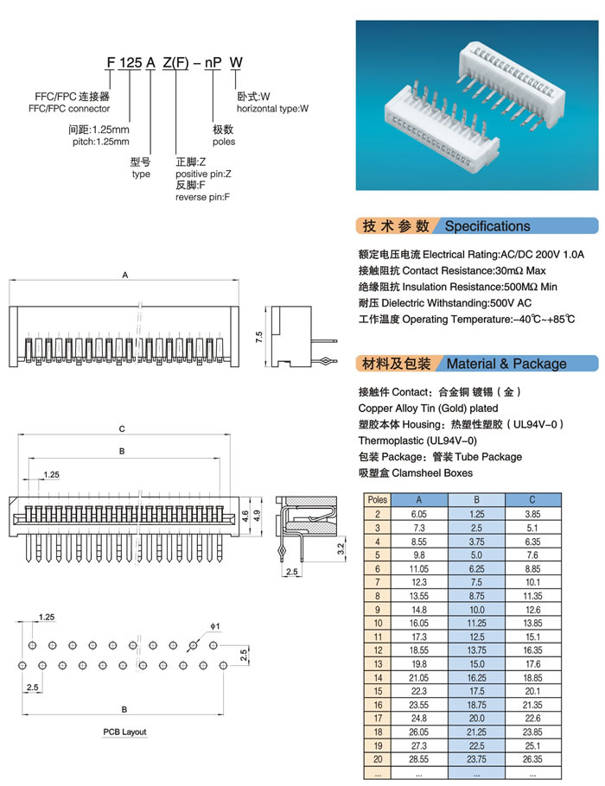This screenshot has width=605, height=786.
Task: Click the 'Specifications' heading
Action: tap(487, 226)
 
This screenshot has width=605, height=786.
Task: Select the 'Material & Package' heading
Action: tap(506, 364)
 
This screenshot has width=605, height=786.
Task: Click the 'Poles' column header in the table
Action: tap(378, 499)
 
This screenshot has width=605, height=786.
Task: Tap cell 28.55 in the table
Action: tap(419, 758)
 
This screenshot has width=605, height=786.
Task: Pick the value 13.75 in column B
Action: tap(476, 650)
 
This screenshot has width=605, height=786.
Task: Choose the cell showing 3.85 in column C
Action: tap(533, 514)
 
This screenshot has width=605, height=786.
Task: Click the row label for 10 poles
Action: tap(378, 623)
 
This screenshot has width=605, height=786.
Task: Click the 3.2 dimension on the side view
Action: tap(341, 547)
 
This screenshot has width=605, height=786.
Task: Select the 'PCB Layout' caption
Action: tap(125, 732)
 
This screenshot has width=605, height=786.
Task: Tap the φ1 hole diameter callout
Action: tap(214, 625)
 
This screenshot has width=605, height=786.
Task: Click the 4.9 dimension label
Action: tap(257, 517)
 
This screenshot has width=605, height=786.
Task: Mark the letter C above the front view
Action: tap(123, 428)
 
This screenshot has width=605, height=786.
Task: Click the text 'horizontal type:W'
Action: tap(272, 109)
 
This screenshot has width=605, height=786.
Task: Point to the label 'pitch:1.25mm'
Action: tap(100, 141)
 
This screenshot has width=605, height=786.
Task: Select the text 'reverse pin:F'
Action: tap(202, 198)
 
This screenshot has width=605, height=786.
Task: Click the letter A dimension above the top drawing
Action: tap(125, 276)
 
